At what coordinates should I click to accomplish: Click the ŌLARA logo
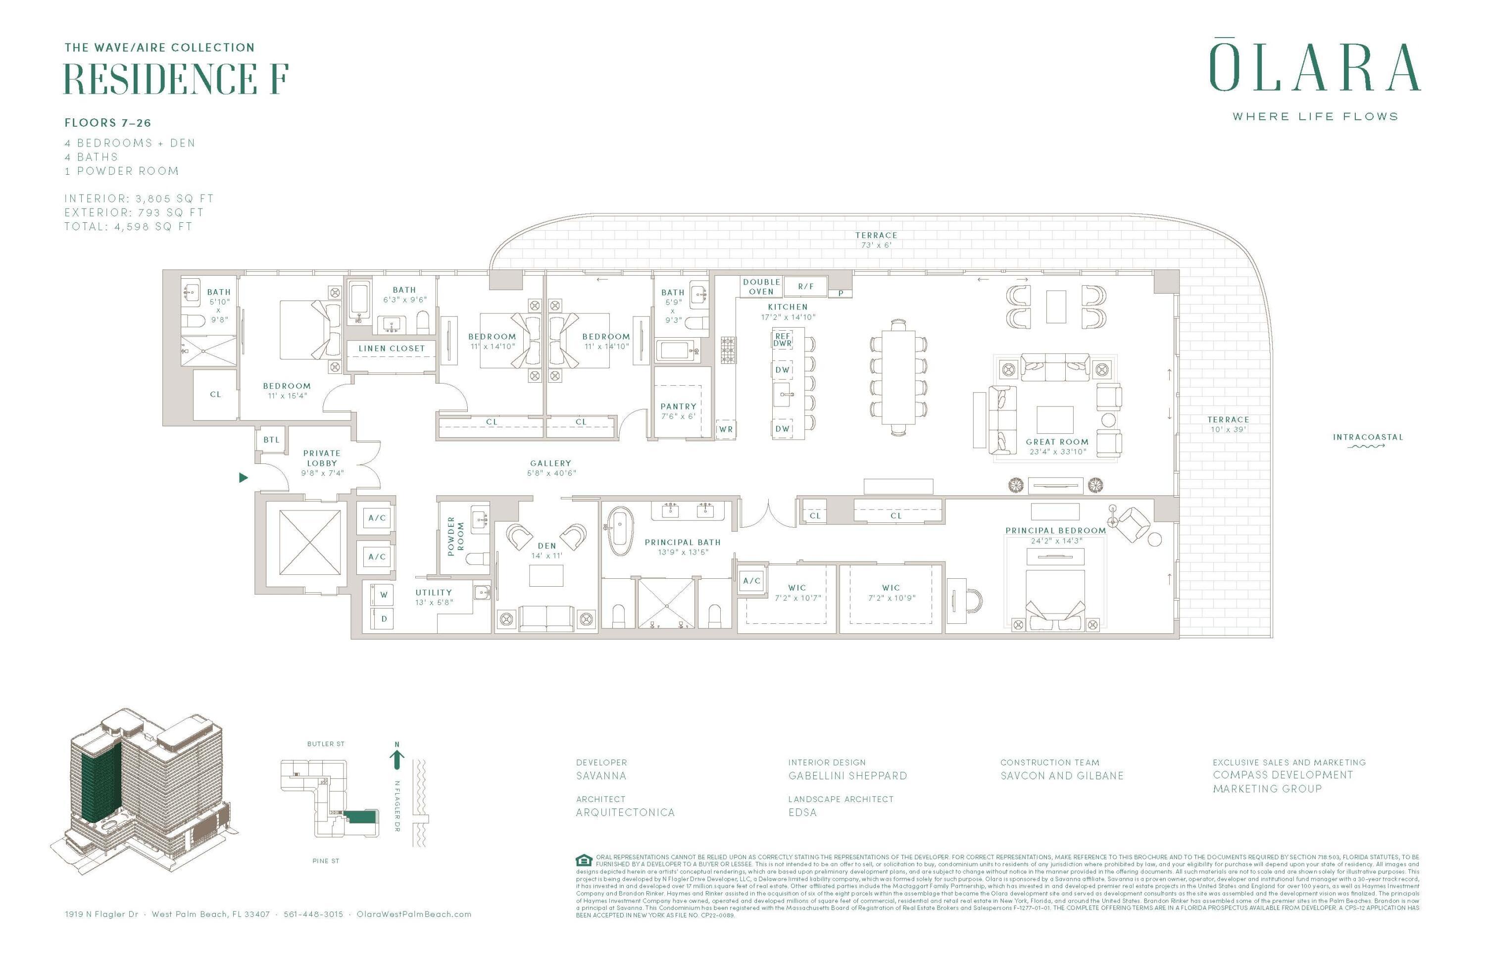point(1315,67)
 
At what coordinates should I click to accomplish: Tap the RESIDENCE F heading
point(176,79)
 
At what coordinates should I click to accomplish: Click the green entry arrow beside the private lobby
point(244,477)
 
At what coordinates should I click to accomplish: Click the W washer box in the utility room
point(384,595)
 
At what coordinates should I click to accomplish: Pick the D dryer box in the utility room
point(384,618)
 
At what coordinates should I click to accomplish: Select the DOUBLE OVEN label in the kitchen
point(761,287)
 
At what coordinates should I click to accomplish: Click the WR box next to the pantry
point(726,429)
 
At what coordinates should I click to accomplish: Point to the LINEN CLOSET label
point(391,348)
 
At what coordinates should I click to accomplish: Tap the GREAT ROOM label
point(1057,442)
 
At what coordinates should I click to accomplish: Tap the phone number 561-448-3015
point(313,914)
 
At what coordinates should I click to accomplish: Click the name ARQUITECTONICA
point(625,812)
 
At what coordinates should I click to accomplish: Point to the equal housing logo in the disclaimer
point(584,860)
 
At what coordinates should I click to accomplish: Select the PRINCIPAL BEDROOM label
point(1055,530)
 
